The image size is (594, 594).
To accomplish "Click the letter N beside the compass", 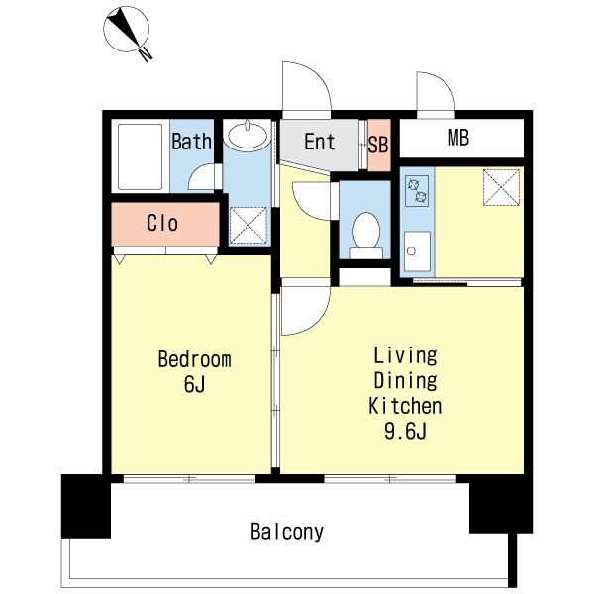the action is [146, 54].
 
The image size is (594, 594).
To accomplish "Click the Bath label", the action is [191, 142].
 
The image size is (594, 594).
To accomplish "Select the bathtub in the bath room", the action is [141, 156].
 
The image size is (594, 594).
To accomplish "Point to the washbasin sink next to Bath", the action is [247, 135].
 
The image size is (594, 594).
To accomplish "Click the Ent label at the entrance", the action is [320, 142].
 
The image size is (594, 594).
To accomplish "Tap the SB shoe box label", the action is [378, 145].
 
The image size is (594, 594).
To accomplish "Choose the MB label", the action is [458, 138].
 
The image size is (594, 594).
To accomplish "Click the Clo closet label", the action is [162, 223].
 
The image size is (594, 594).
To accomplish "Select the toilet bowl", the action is [366, 235].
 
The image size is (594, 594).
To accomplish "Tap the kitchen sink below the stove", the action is [417, 251].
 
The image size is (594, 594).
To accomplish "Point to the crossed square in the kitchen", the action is [501, 187].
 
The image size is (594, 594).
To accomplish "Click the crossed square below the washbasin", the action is [248, 225].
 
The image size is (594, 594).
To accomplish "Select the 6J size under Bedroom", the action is [194, 384].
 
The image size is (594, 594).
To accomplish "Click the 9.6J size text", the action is [405, 431].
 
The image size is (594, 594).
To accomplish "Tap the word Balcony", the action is [287, 532].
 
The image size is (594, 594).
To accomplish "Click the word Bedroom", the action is [194, 359].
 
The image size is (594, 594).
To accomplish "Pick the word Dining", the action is [405, 381].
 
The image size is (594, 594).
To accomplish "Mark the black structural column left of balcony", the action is [86, 506].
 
